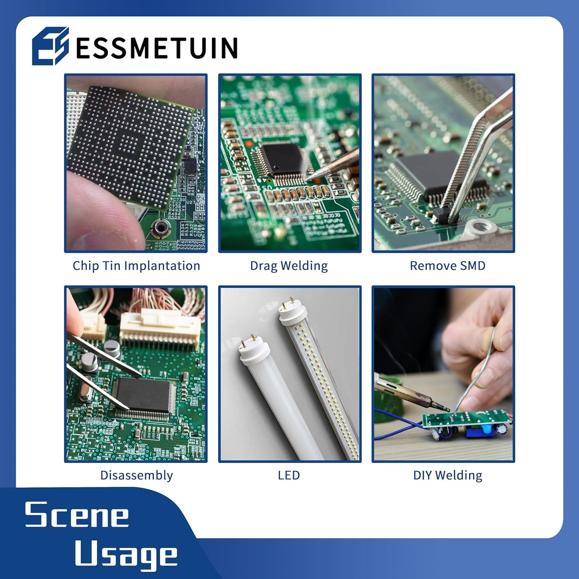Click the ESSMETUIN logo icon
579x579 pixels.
coord(50,46)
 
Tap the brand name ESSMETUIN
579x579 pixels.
coord(156,48)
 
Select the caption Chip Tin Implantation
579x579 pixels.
coord(136,266)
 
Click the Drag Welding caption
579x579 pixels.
coord(289,266)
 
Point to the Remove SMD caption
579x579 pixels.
coord(447,266)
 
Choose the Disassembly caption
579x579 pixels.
coord(136,475)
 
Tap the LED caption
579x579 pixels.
coord(289,475)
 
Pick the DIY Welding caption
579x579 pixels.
coord(448,475)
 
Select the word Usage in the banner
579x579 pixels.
coord(126,554)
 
